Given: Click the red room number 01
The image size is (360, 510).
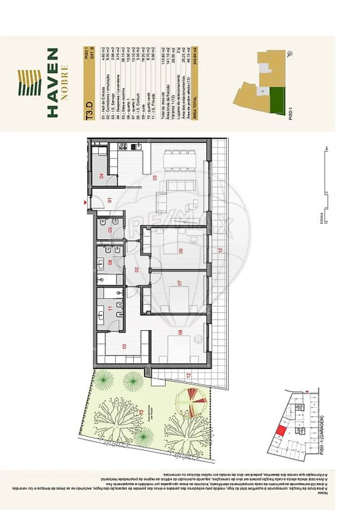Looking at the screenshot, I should (109, 200).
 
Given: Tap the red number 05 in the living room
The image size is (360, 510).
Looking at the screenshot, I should (154, 177).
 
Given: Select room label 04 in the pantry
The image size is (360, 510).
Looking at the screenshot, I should (101, 175).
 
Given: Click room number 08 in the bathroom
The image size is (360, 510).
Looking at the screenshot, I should (110, 263).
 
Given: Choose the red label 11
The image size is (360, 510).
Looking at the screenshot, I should (110, 309).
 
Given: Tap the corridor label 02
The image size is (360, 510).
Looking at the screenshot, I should (136, 269).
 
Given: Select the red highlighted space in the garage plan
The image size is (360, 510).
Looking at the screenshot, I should (281, 431).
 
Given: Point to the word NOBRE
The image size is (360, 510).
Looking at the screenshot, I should (65, 82).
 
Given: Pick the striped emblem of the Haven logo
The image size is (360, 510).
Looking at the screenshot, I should (30, 82).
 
